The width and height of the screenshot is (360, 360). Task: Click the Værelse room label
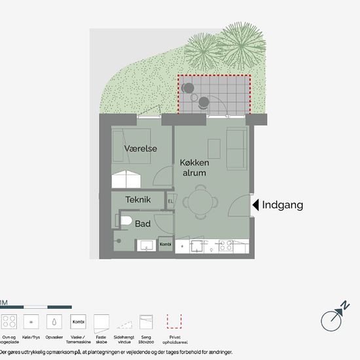(x=140, y=149)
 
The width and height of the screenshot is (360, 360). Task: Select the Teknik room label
(x=139, y=200)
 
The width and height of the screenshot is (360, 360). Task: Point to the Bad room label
(x=143, y=224)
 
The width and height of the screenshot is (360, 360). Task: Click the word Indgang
(x=282, y=205)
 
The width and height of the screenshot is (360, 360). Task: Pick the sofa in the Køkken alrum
(x=236, y=147)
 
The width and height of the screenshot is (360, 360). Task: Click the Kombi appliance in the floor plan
(x=165, y=245)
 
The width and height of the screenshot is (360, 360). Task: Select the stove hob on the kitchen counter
(x=226, y=246)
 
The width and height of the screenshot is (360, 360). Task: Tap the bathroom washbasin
(x=145, y=245)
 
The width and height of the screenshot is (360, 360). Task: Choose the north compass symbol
(x=333, y=319)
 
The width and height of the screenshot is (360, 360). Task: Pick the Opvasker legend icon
(x=52, y=322)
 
